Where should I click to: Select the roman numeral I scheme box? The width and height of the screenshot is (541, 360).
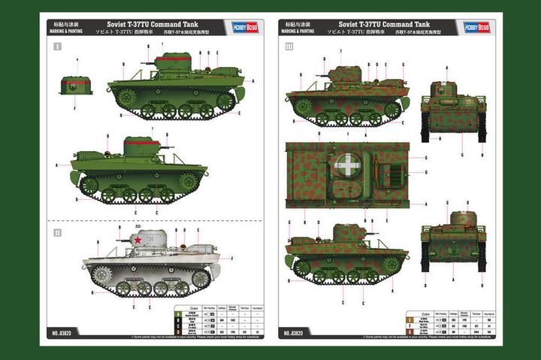point(57,47)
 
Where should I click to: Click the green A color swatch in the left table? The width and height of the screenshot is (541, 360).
point(179,313)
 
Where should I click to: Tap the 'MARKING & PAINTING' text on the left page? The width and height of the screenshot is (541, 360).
point(67,32)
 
